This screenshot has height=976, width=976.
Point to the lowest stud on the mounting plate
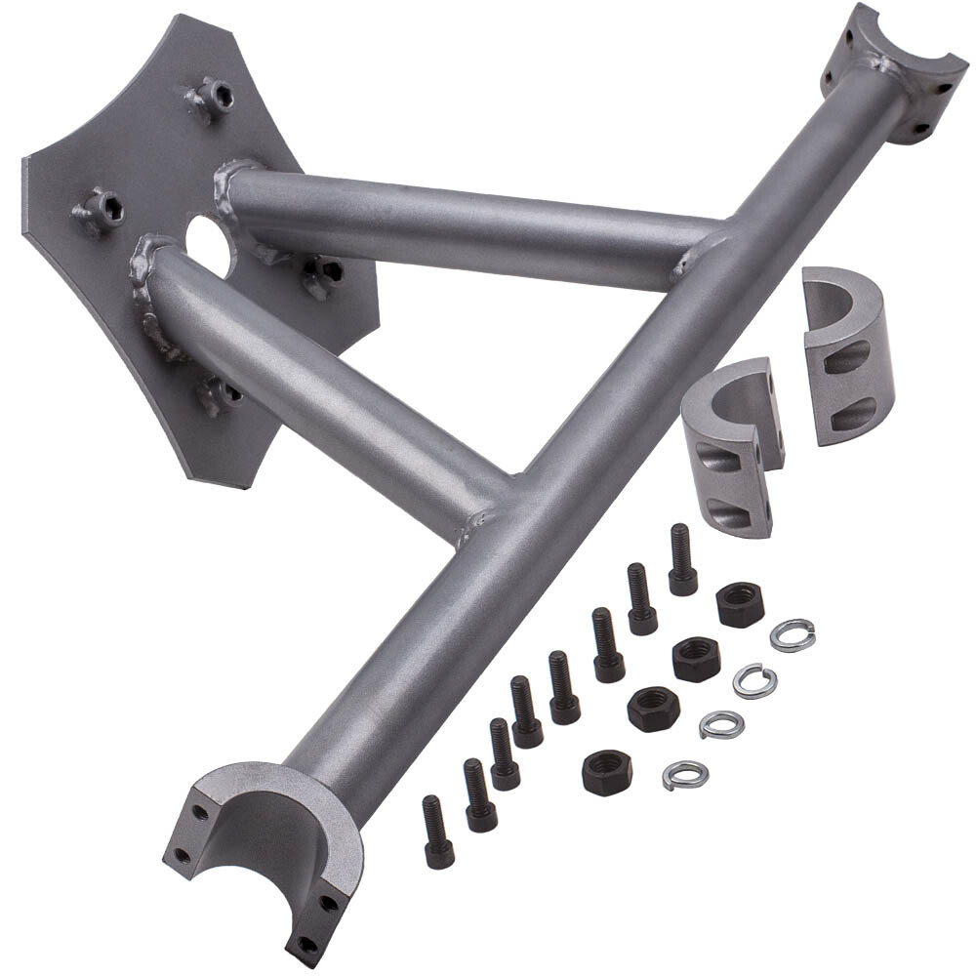(x=216, y=394)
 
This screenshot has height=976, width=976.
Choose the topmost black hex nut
(x=740, y=604)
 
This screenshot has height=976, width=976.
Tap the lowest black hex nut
(x=606, y=772)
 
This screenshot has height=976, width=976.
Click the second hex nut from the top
(x=696, y=659)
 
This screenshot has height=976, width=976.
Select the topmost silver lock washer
(x=792, y=634)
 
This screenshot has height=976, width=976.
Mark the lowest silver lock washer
(x=684, y=775)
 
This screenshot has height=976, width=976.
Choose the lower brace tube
(x=322, y=390)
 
